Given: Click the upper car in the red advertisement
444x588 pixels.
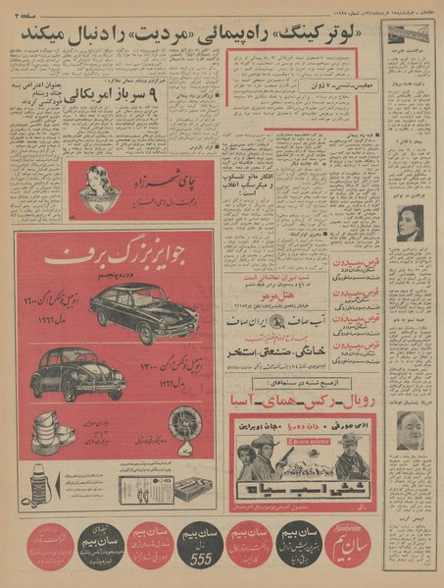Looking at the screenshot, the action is coord(143,309).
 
